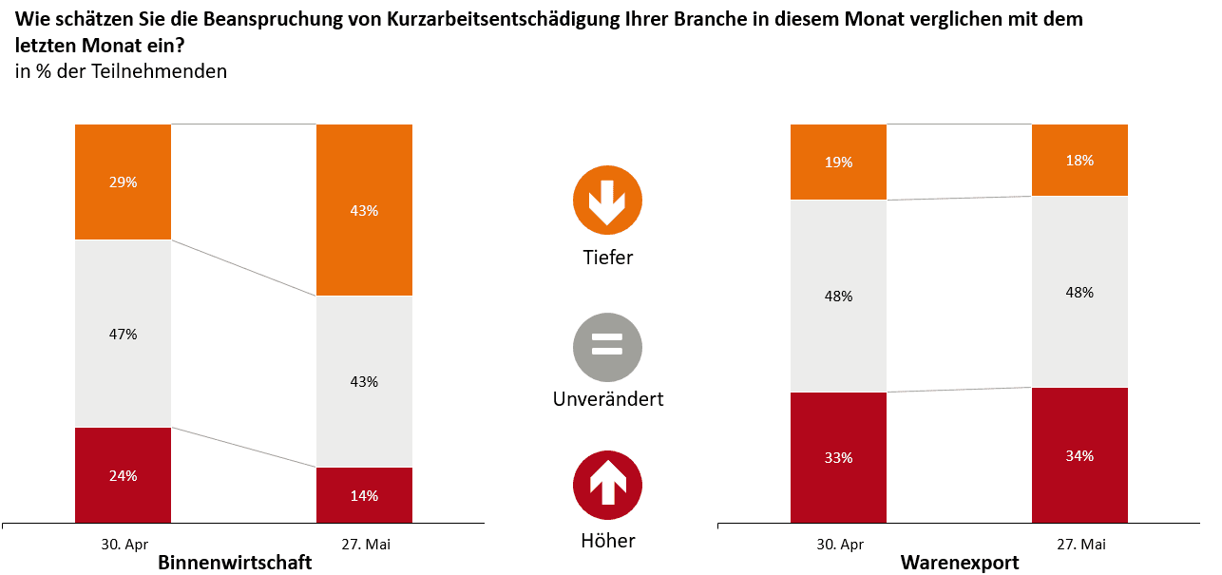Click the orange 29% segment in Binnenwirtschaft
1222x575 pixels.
click(x=124, y=182)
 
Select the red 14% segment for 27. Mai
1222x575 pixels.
click(x=364, y=494)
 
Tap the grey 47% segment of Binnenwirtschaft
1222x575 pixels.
click(x=124, y=334)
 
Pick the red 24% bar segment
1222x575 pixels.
click(x=124, y=475)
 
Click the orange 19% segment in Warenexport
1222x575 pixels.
click(x=838, y=162)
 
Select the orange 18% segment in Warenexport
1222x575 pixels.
click(x=1079, y=160)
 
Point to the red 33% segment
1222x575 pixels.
click(x=838, y=457)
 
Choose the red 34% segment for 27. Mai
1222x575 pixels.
click(x=1079, y=455)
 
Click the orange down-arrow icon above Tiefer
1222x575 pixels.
click(x=607, y=201)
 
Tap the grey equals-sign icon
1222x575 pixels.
click(x=607, y=347)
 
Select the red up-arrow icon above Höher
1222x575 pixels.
click(x=607, y=486)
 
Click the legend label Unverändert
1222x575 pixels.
click(x=608, y=399)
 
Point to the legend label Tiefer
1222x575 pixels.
click(x=608, y=258)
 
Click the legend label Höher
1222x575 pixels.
click(x=608, y=542)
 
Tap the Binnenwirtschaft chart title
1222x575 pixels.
click(x=235, y=563)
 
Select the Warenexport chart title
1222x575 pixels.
click(x=960, y=563)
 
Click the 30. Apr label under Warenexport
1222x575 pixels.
click(x=840, y=545)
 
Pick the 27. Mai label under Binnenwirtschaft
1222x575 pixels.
click(x=366, y=545)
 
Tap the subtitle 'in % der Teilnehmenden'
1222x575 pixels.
click(x=121, y=71)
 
